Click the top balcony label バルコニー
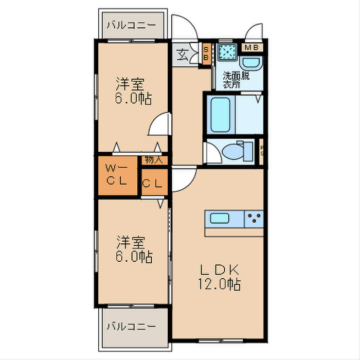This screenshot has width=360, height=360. tap(131, 24)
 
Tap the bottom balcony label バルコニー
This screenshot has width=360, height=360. tap(131, 326)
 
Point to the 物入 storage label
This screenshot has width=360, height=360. tap(153, 159)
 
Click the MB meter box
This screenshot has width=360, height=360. tap(252, 48)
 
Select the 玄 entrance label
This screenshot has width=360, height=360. tap(183, 53)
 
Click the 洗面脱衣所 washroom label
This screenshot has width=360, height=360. tap(236, 80)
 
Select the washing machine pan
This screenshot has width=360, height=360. tap(226, 52)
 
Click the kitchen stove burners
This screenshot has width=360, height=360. tap(253, 219)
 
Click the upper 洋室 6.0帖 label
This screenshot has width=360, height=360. tap(133, 91)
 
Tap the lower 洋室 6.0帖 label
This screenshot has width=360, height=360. tap(133, 249)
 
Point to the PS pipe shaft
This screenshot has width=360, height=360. tap(261, 151)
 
